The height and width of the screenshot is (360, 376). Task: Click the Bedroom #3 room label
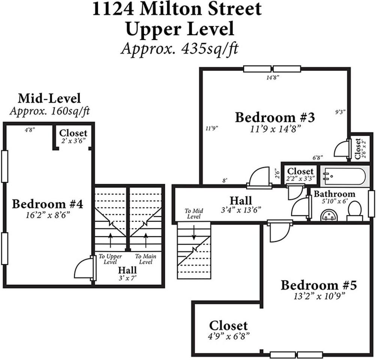(x=274, y=117)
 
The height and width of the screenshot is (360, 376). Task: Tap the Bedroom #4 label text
(x=47, y=204)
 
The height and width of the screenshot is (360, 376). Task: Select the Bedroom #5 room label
(x=319, y=285)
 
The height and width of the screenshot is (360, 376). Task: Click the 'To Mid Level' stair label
(x=193, y=214)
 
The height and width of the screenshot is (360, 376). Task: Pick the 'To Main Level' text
(x=145, y=259)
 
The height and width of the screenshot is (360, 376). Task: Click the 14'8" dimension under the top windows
(x=273, y=77)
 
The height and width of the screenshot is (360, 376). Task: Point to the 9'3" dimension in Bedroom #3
(x=340, y=112)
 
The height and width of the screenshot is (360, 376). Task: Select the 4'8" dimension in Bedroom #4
(x=30, y=130)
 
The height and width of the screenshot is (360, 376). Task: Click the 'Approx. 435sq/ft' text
(x=179, y=49)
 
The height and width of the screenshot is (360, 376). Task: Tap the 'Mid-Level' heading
(x=49, y=99)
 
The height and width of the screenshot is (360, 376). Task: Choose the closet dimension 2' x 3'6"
(x=73, y=141)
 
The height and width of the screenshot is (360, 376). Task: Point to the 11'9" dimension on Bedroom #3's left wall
(x=212, y=128)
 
